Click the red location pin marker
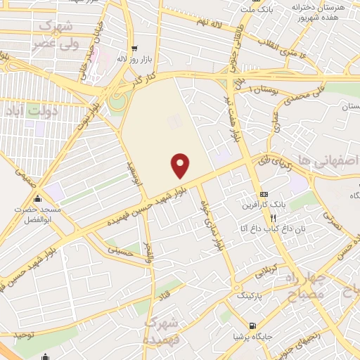pos(181,165)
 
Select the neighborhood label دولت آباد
pos(23,111)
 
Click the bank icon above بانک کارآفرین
pos(264,194)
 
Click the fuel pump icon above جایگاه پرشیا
pos(252,325)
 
